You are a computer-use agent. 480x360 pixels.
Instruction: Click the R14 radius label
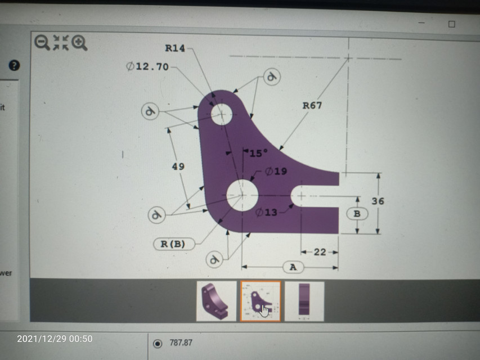[x=174, y=48]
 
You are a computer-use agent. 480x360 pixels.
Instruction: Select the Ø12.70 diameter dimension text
[x=147, y=66]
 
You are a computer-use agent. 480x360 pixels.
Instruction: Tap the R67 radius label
[x=312, y=105]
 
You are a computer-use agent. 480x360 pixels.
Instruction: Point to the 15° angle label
[x=258, y=153]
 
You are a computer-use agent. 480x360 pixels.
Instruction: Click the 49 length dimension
[x=178, y=166]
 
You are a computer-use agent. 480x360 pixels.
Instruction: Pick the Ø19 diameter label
[x=276, y=172]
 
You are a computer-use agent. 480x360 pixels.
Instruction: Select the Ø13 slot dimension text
[x=266, y=212]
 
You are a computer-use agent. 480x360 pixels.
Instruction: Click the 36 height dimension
[x=378, y=201]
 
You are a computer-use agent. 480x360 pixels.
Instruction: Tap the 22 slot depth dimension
[x=320, y=252]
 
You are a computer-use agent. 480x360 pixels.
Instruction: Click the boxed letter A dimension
[x=293, y=267]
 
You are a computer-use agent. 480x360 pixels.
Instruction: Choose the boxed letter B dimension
[x=357, y=214]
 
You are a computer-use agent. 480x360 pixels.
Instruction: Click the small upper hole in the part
[x=222, y=114]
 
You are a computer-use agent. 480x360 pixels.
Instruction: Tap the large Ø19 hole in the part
[x=243, y=195]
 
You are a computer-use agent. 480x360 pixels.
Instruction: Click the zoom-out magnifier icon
[x=42, y=42]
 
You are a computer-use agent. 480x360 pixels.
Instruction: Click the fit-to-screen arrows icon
[x=60, y=42]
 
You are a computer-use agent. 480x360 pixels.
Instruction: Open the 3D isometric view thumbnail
[x=216, y=301]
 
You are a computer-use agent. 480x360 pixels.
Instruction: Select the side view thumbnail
[x=304, y=301]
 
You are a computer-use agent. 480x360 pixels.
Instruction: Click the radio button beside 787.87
[x=158, y=343]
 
